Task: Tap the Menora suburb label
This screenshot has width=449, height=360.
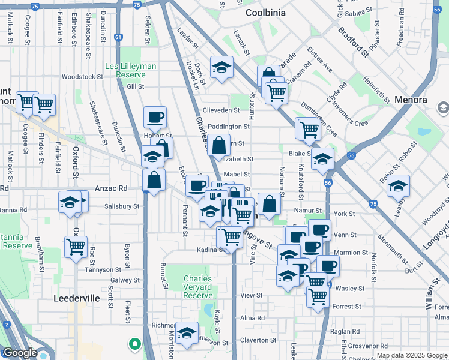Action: (x=411, y=100)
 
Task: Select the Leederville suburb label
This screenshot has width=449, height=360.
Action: (x=80, y=298)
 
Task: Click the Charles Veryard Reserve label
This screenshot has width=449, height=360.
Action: (x=198, y=287)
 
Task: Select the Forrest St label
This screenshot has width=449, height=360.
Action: (x=348, y=306)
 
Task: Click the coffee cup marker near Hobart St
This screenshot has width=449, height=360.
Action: (x=155, y=117)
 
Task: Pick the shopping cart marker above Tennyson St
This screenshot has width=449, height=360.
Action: (x=76, y=246)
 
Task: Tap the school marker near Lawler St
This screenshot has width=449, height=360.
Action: (x=221, y=67)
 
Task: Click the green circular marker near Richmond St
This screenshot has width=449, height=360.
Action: (x=135, y=344)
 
